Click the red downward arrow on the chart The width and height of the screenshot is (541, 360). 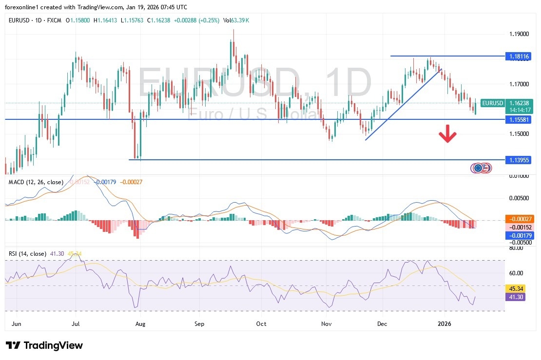447,134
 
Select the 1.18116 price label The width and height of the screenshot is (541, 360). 518,56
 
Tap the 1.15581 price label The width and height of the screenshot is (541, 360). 518,119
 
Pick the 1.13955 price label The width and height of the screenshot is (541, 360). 518,160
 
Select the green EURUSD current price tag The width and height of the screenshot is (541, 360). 492,103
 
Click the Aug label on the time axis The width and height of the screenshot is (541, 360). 140,323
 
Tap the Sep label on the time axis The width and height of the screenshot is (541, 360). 198,323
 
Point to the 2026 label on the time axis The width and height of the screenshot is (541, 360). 445,323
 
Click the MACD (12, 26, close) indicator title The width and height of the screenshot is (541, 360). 36,182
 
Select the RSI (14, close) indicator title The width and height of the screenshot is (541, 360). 28,254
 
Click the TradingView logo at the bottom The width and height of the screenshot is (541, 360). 45,345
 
